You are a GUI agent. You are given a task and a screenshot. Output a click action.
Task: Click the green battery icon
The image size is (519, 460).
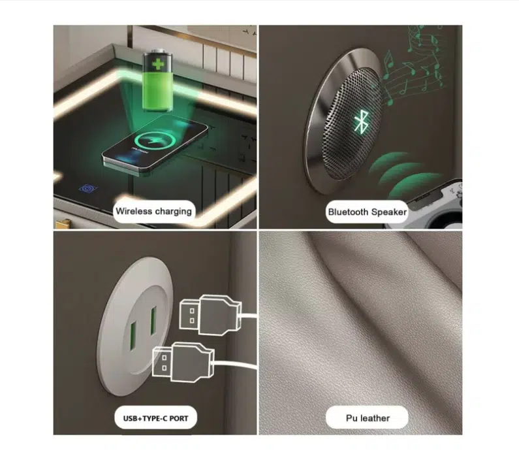(158, 80)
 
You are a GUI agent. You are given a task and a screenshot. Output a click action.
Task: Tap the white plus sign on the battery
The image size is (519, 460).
(158, 64)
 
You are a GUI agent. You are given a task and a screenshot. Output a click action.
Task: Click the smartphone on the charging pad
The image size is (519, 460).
(155, 144)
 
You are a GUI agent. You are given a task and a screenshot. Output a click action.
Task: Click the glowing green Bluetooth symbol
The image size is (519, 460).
(361, 123)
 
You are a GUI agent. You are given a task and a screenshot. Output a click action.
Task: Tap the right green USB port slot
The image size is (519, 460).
(153, 321)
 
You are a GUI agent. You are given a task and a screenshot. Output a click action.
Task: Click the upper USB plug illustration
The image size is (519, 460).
(211, 314)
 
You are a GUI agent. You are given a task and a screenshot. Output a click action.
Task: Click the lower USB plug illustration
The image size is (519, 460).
(183, 362)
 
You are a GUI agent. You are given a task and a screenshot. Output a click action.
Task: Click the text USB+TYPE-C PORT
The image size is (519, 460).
(155, 418)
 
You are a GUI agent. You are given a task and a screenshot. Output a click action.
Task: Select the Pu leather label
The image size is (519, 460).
(368, 418)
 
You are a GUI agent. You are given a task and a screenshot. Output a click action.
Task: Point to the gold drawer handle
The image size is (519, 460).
(62, 223)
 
